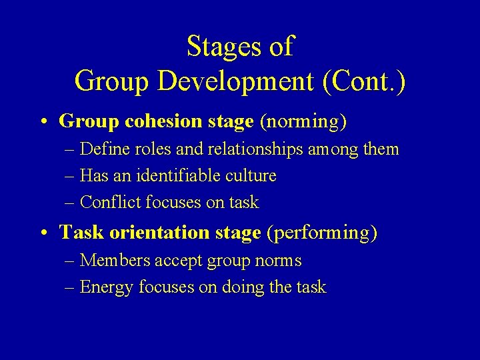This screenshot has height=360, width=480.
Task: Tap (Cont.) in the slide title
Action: [363, 81]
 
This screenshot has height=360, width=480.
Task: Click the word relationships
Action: [262, 149]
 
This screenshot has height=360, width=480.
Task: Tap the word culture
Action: [251, 176]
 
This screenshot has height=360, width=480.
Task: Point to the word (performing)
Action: [321, 233]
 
